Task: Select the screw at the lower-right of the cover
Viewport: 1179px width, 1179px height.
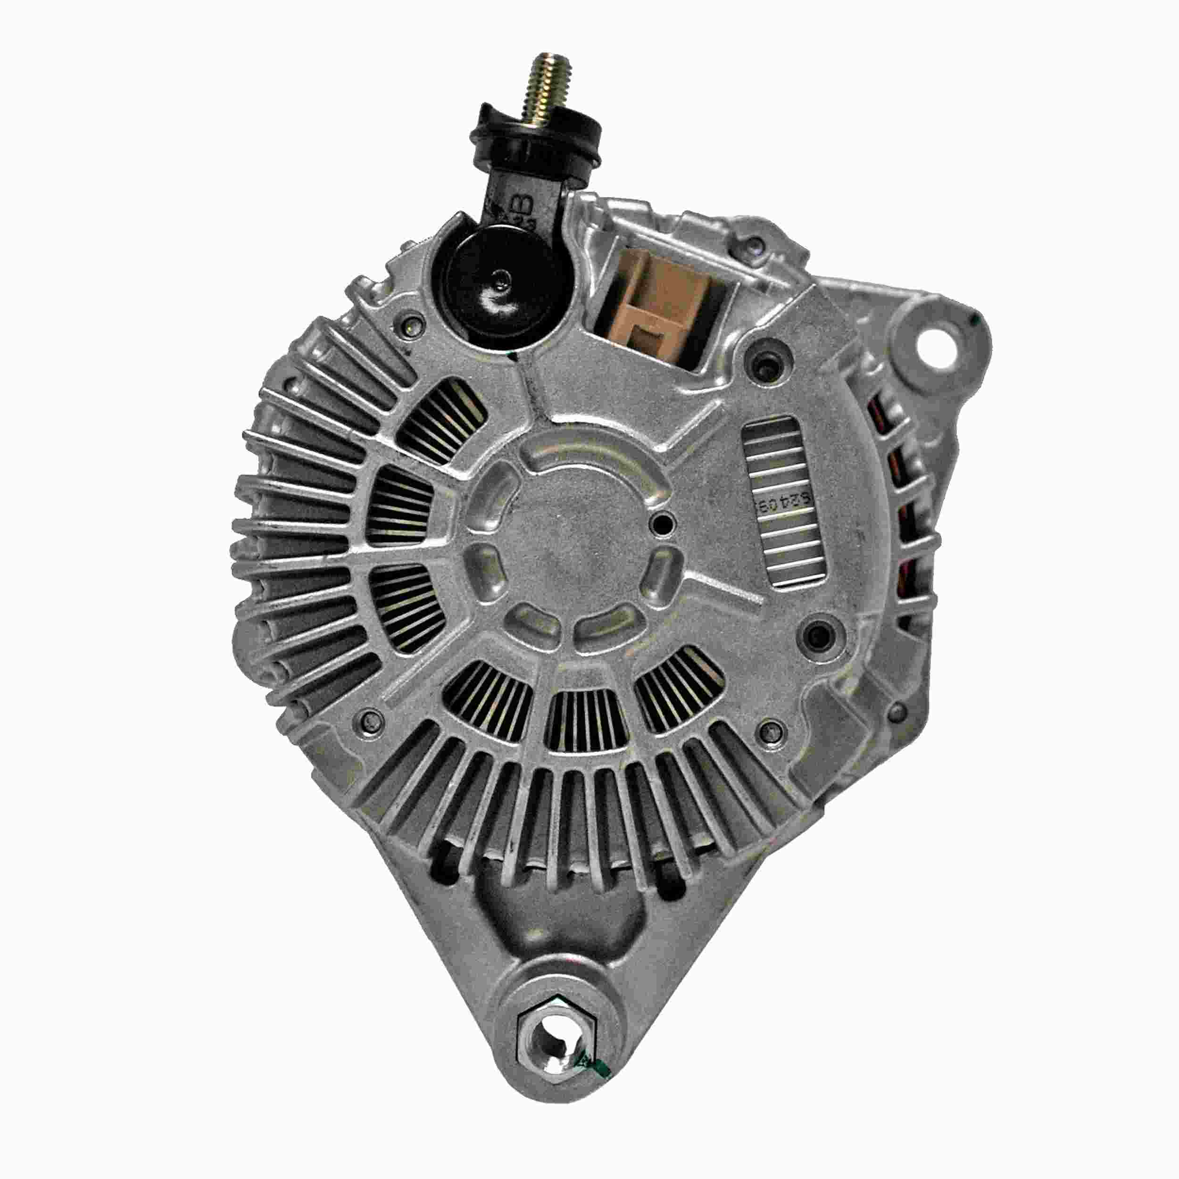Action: point(771,729)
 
